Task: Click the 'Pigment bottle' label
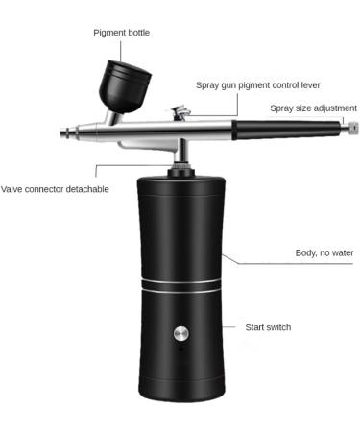[121, 33]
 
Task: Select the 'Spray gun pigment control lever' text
[256, 85]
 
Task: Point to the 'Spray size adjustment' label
[313, 108]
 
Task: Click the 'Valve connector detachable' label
[55, 189]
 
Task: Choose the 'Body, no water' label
[324, 253]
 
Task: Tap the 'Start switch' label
[268, 327]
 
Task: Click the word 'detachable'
[86, 189]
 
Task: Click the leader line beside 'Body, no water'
[259, 260]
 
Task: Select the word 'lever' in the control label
[305, 85]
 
